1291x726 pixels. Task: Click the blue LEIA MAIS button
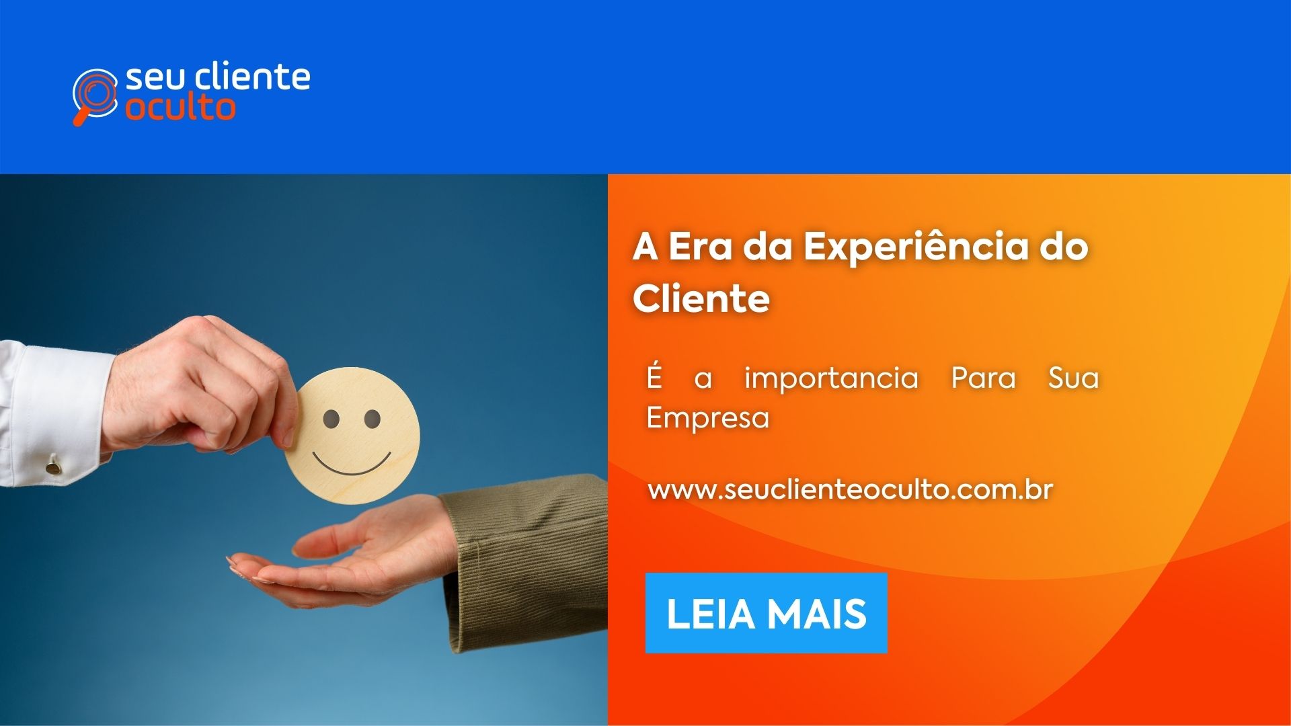766,612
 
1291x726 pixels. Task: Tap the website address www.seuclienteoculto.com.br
850,489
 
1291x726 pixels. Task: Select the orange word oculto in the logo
180,108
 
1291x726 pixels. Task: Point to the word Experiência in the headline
916,246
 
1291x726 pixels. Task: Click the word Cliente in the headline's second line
701,298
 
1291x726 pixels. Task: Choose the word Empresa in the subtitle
707,417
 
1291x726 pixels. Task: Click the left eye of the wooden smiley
331,419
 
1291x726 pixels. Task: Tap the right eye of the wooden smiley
372,419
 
